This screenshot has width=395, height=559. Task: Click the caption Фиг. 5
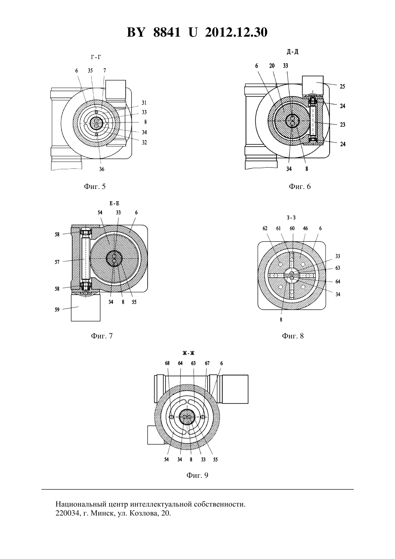(x=95, y=186)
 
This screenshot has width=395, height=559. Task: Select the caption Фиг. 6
(x=300, y=186)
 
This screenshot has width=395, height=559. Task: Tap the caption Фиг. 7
(x=102, y=336)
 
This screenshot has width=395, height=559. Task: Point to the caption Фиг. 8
(x=293, y=336)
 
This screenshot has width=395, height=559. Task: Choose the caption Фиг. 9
(x=197, y=475)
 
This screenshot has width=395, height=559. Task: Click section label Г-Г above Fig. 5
(x=96, y=57)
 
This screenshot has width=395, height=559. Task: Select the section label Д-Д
(x=293, y=52)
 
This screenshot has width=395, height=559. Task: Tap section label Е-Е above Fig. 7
(x=115, y=203)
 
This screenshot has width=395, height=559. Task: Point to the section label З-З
(x=291, y=218)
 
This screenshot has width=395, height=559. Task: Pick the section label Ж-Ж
(x=189, y=353)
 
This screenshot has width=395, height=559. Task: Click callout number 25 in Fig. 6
(x=342, y=86)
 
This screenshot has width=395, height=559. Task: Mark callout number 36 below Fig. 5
(x=102, y=169)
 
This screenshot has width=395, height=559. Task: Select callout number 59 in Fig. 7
(x=57, y=309)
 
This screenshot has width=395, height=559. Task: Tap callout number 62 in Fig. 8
(x=265, y=228)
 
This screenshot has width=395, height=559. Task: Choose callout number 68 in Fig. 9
(x=167, y=363)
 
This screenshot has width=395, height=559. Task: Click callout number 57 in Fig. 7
(x=57, y=262)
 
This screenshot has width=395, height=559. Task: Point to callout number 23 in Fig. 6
(x=343, y=125)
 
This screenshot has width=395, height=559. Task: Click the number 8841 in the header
(x=167, y=32)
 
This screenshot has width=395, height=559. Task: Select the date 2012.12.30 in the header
(x=236, y=32)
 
